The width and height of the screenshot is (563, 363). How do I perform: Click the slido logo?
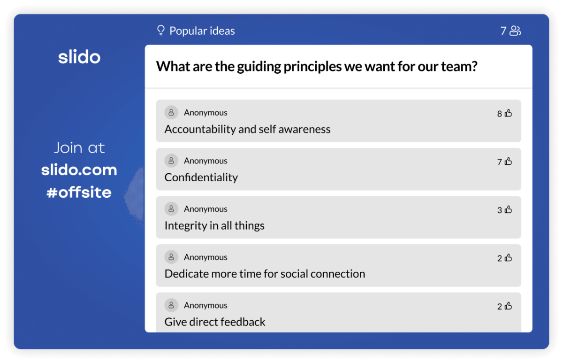click(79, 57)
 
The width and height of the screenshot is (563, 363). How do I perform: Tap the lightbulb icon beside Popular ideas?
click(160, 31)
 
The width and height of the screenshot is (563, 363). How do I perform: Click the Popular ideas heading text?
click(202, 31)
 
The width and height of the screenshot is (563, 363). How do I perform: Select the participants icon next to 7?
click(515, 31)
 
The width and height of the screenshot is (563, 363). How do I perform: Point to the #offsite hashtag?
click(79, 192)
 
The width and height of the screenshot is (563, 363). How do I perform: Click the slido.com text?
click(79, 170)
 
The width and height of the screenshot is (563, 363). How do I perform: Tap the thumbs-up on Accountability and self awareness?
click(508, 113)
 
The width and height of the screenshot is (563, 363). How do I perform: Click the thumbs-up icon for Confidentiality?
click(508, 162)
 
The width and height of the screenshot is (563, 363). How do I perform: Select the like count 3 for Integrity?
click(500, 210)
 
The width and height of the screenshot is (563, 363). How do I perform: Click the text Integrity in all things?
click(214, 225)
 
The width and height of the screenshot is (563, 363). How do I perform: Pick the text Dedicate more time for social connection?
click(265, 274)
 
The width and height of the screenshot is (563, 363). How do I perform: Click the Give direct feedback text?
click(215, 322)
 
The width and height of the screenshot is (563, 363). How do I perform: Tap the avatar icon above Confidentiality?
click(171, 161)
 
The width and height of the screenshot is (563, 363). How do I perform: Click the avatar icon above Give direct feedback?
click(171, 305)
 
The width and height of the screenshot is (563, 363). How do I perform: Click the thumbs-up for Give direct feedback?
click(508, 306)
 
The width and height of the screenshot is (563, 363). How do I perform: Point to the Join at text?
click(79, 148)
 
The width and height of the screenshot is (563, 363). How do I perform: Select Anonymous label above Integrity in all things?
click(205, 209)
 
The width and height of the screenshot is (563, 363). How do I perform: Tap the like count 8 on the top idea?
click(500, 114)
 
